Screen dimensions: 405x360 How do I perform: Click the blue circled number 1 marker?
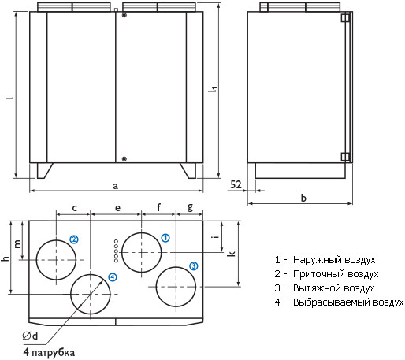(x=165, y=238)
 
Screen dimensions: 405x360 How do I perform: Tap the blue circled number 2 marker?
(x=74, y=239)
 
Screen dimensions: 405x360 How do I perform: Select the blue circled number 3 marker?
(x=194, y=266)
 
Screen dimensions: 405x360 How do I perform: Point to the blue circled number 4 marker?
(x=113, y=277)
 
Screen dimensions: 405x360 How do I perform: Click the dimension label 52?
(x=236, y=184)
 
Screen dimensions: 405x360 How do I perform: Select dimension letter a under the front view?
(x=115, y=186)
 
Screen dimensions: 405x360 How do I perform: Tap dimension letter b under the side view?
(x=303, y=198)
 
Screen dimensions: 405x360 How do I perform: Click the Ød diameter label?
(x=30, y=336)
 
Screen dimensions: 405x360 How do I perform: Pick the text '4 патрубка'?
(x=49, y=352)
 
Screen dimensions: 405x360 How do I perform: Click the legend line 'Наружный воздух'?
(x=334, y=260)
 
